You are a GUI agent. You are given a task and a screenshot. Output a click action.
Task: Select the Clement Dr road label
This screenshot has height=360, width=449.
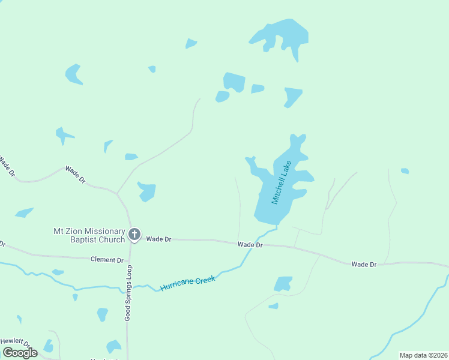click(107, 260)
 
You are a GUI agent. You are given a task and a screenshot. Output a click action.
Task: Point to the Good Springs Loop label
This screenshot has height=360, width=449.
click(128, 293)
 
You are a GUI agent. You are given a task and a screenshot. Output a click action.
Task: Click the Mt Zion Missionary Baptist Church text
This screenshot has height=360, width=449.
click(89, 235)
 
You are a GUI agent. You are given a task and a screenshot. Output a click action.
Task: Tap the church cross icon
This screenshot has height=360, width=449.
click(135, 235)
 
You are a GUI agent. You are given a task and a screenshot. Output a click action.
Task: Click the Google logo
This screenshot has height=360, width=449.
click(20, 352)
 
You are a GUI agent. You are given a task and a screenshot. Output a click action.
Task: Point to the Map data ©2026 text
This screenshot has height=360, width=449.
click(423, 355)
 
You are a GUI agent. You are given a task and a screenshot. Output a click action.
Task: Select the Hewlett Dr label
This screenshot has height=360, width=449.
click(11, 341)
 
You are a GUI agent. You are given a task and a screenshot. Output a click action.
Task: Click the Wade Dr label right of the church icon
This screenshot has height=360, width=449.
click(159, 239)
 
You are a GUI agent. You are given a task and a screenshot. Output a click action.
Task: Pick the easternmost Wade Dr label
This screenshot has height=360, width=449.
click(364, 264)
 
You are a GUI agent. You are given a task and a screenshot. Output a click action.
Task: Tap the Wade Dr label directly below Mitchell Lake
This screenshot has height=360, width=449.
click(250, 244)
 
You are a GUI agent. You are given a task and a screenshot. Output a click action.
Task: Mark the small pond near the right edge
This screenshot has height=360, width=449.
click(405, 171)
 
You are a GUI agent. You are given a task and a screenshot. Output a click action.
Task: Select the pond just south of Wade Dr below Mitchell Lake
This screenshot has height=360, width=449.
click(283, 283)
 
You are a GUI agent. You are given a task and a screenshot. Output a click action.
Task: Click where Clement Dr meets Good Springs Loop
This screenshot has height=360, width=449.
click(129, 260)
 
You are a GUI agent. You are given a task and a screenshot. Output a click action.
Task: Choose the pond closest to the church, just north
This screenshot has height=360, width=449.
click(146, 191)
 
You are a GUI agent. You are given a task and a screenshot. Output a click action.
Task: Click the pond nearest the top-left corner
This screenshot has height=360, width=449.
click(73, 74)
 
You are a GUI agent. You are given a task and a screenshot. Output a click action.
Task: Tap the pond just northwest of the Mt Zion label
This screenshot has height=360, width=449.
click(24, 212)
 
